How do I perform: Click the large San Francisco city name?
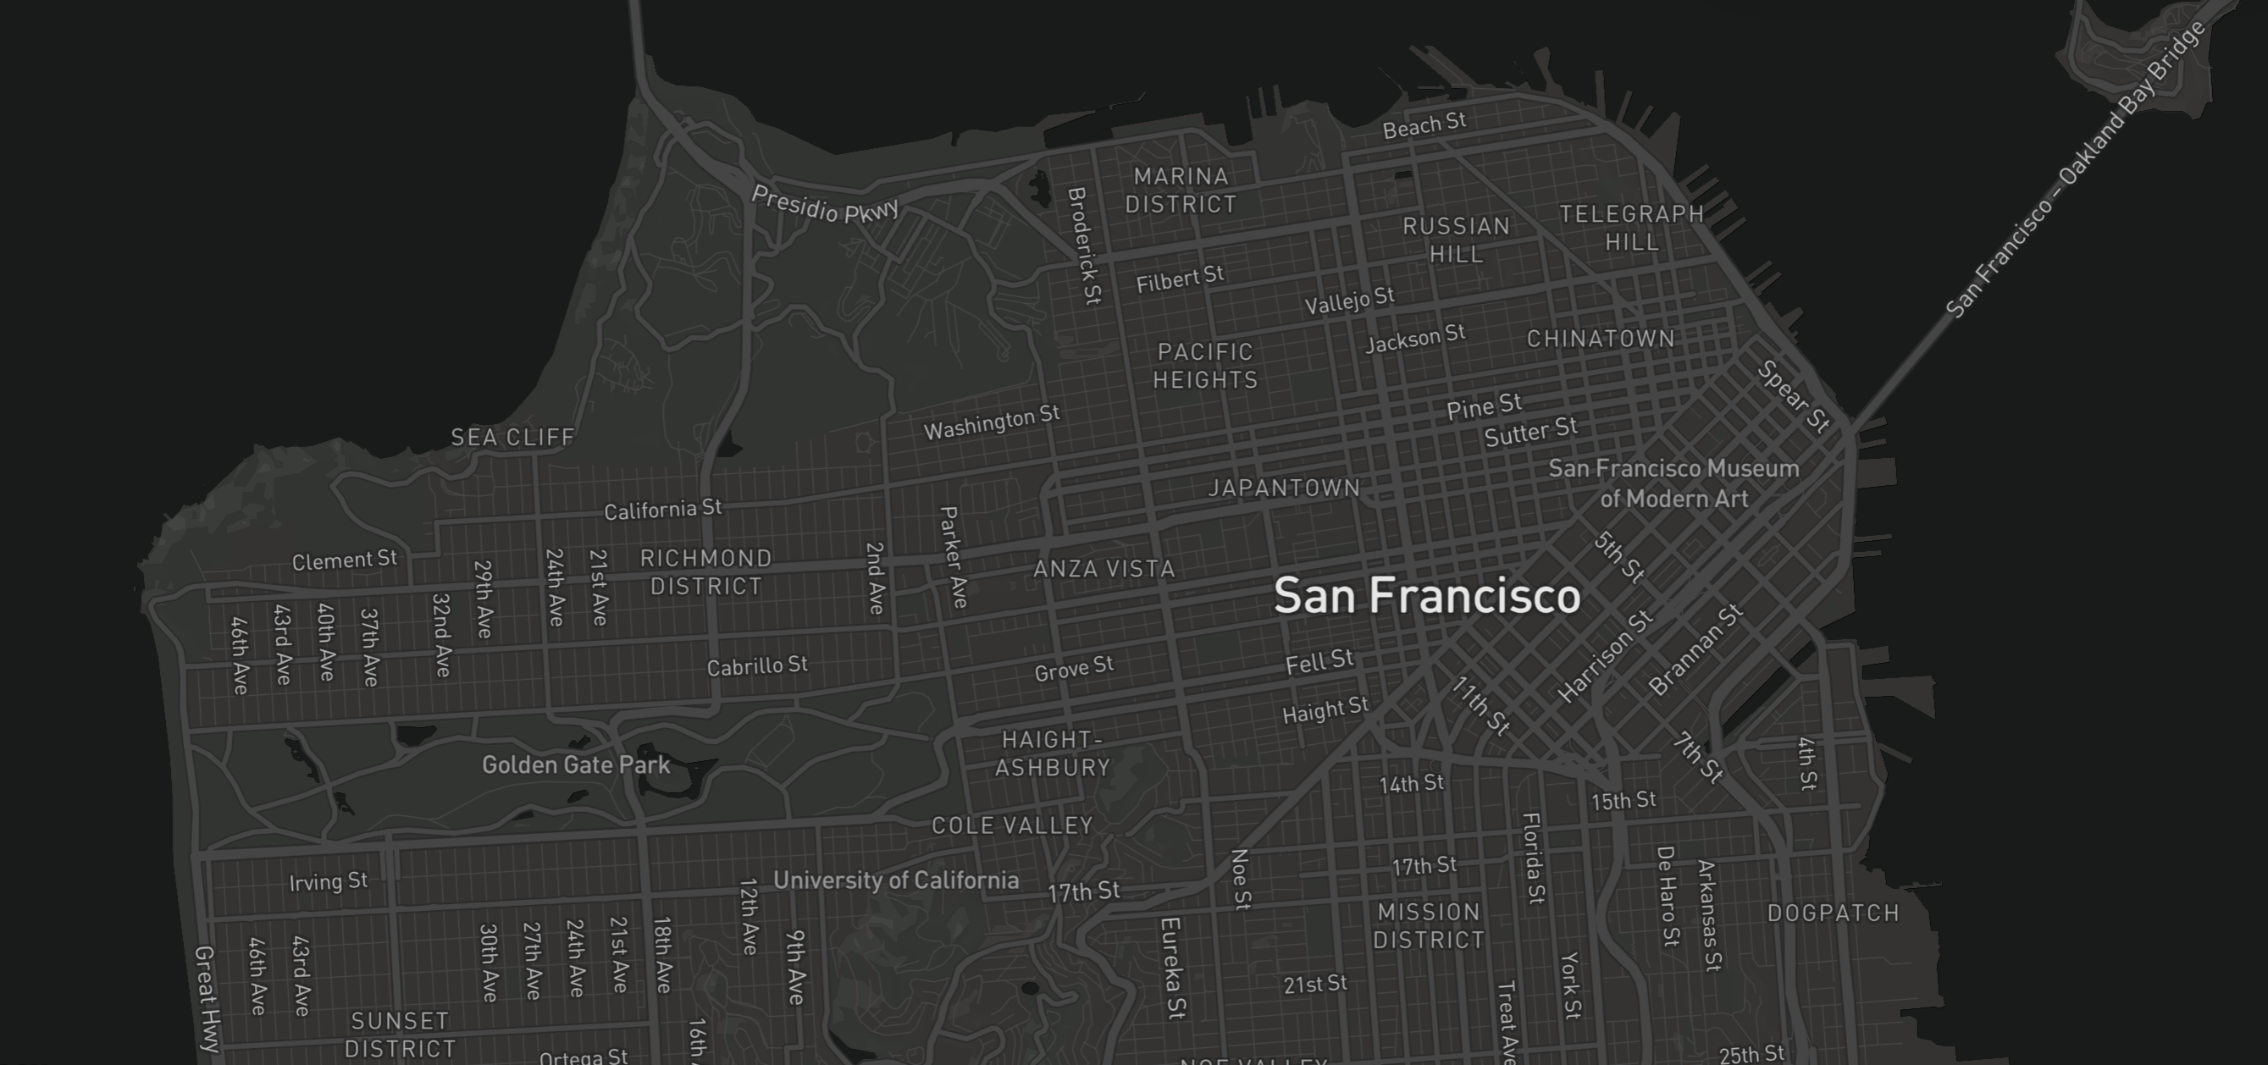tap(1426, 596)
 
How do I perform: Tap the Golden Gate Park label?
tap(576, 764)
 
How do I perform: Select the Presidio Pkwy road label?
tap(825, 204)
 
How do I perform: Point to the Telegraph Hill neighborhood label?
tap(1631, 227)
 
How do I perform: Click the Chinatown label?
tap(1601, 339)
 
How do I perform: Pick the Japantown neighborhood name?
tap(1284, 488)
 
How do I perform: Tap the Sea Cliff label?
tap(512, 437)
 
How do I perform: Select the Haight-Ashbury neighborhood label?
tap(1052, 753)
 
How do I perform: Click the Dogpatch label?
tap(1833, 913)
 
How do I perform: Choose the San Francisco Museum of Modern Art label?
tap(1673, 483)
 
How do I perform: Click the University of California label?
tap(895, 880)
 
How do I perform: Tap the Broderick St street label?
tap(1084, 246)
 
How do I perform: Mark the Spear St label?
tap(1794, 397)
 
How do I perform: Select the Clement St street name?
tap(344, 560)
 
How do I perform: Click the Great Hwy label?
tap(205, 999)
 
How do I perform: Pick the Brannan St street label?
tap(1695, 649)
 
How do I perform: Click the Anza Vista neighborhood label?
tap(1104, 569)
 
